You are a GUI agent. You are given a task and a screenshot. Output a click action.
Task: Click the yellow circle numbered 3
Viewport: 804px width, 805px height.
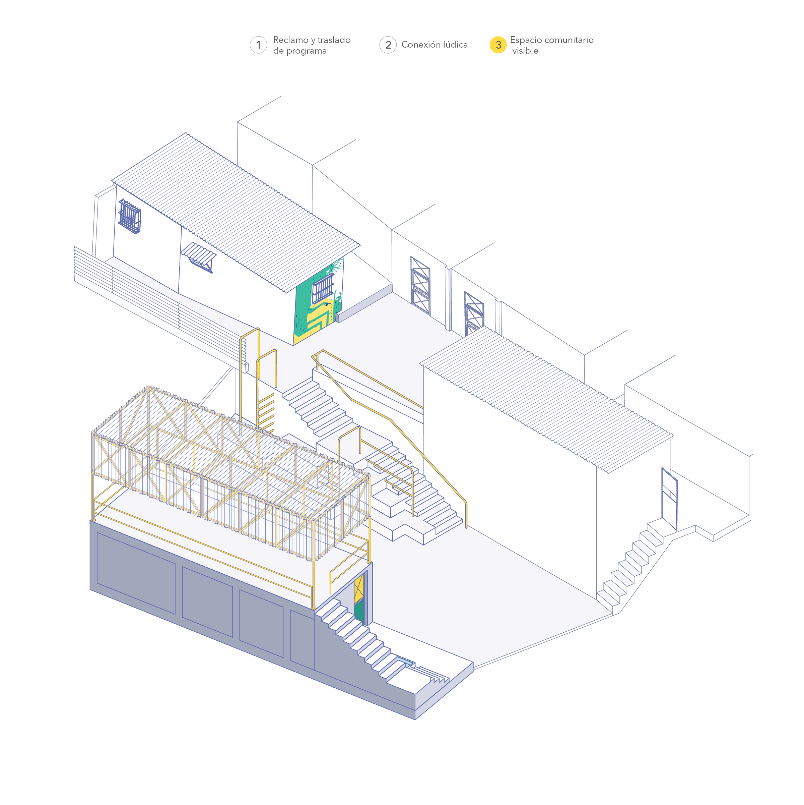click(497, 45)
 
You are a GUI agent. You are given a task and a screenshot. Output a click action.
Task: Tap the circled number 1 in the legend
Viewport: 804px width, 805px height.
click(258, 45)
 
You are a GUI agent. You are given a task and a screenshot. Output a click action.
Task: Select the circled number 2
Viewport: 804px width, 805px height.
click(388, 45)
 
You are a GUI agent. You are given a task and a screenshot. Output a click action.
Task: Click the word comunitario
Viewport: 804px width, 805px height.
click(569, 40)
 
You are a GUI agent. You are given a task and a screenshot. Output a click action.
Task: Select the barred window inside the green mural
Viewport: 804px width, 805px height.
click(323, 288)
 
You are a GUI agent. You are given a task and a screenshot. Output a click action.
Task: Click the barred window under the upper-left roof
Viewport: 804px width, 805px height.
click(130, 217)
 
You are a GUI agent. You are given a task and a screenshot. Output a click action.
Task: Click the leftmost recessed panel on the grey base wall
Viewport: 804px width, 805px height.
click(136, 573)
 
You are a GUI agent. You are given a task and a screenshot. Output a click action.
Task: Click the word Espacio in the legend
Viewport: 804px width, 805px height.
click(526, 40)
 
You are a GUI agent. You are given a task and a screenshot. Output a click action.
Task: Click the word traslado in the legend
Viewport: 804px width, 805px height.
click(334, 40)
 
